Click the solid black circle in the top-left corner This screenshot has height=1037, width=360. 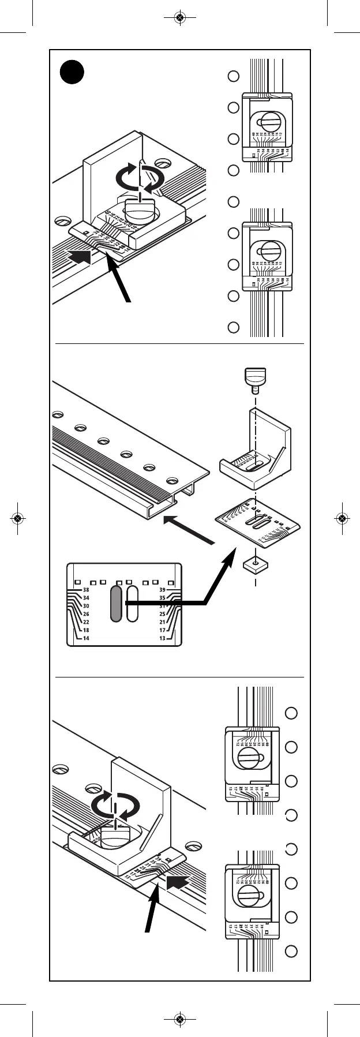[73, 73]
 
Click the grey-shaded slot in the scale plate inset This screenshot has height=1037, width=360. [117, 604]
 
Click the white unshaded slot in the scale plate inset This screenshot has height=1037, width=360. [132, 604]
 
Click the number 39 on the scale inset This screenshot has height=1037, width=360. [162, 590]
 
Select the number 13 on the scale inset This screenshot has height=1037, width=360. [162, 638]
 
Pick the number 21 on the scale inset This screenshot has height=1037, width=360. [162, 622]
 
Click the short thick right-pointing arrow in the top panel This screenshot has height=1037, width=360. [80, 256]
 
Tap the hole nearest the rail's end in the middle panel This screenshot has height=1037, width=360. [172, 481]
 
